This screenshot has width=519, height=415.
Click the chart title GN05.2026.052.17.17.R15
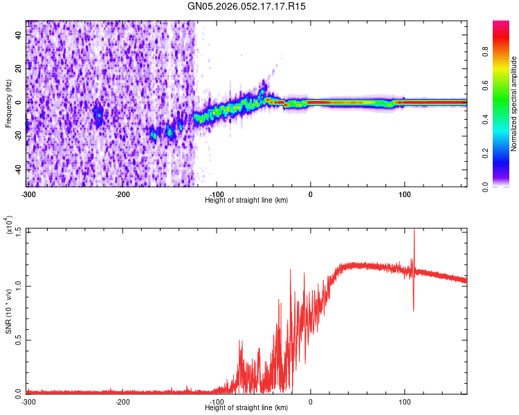[247, 6]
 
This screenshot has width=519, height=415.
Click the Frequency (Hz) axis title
[8, 104]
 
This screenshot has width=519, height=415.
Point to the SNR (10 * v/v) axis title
[8, 311]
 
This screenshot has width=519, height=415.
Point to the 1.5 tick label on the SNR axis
[17, 231]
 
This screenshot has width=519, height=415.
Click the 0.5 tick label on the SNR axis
[17, 339]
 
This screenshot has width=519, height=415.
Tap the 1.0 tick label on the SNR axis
[17, 285]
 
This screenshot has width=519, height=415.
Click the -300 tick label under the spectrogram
[28, 192]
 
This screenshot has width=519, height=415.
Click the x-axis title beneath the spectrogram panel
[247, 200]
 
